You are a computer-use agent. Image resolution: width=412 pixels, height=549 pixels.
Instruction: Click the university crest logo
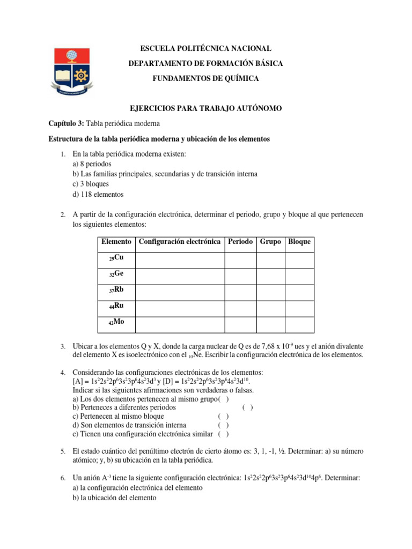[x=75, y=70]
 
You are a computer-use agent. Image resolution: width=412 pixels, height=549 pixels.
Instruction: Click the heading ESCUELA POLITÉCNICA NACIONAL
[x=205, y=49]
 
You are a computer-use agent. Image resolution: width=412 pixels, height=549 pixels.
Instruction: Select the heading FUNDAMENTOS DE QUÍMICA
[x=205, y=79]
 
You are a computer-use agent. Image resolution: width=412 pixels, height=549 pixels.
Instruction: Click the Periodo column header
[x=240, y=242]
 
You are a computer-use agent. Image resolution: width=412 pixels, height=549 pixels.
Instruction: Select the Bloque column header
[x=299, y=242]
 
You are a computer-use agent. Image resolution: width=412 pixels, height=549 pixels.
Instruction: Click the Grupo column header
[x=270, y=242]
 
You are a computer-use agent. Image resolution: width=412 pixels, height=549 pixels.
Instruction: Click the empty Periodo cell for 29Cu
[x=240, y=259]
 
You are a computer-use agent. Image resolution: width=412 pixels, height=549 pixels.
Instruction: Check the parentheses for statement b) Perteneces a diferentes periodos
[x=248, y=407]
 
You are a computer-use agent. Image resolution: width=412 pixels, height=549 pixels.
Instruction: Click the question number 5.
[x=63, y=451]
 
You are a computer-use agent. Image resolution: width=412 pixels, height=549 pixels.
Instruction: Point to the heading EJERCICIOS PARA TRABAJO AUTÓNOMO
[x=205, y=109]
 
